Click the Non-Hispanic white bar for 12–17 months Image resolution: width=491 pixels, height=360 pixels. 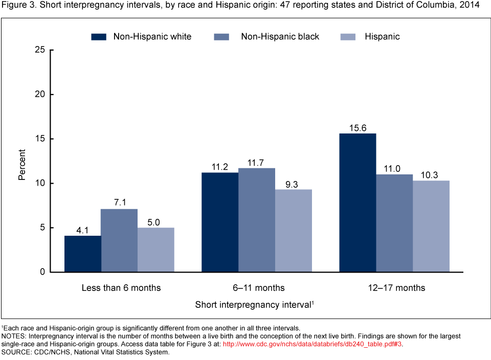(358, 202)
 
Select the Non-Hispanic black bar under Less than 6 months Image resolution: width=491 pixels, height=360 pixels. (119, 240)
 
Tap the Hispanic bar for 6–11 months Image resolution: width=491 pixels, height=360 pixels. (293, 231)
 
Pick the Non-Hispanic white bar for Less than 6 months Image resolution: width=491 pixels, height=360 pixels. (82, 254)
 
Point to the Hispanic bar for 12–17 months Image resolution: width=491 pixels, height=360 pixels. (431, 226)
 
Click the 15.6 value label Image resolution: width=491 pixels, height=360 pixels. (358, 128)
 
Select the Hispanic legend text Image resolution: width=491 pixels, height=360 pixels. (382, 37)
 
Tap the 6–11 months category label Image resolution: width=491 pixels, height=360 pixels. (257, 288)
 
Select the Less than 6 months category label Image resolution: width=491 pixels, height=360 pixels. (121, 288)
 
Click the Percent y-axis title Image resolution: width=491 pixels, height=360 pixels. (22, 165)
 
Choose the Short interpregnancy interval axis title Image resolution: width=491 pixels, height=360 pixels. (254, 305)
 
